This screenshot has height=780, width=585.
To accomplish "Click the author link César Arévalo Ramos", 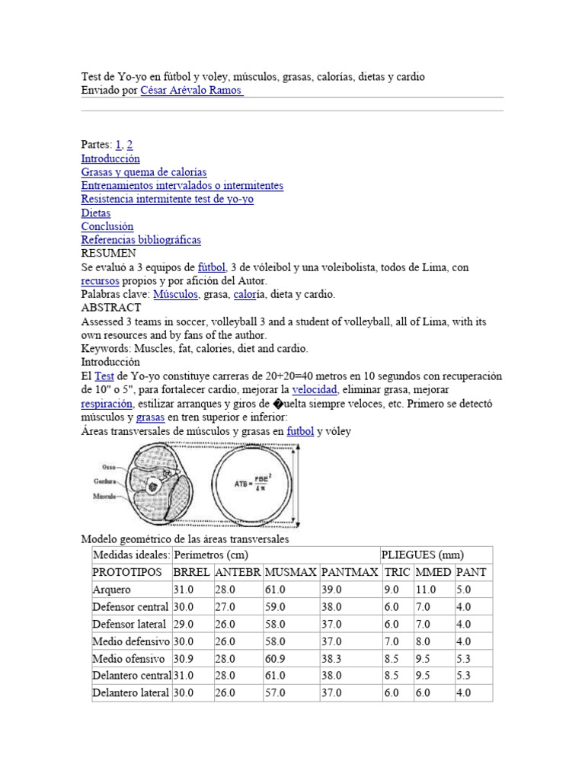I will tap(192, 90).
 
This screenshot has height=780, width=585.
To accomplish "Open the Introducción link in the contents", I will tap(110, 158).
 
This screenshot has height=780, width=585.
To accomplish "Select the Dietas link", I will tap(96, 213).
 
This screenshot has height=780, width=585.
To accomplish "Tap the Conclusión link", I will tap(107, 226).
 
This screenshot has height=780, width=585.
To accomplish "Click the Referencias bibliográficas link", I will tap(141, 240).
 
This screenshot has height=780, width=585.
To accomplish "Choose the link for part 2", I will tap(130, 145).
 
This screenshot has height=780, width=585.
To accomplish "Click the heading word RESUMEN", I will tap(109, 253).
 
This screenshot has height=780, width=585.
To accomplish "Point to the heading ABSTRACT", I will tap(111, 308).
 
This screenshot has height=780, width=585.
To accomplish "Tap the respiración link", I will tap(107, 404).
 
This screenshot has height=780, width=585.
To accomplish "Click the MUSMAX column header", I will tap(290, 572).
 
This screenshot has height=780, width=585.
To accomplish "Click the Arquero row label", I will tap(112, 590).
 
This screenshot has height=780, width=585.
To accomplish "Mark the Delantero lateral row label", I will tap(130, 692).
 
